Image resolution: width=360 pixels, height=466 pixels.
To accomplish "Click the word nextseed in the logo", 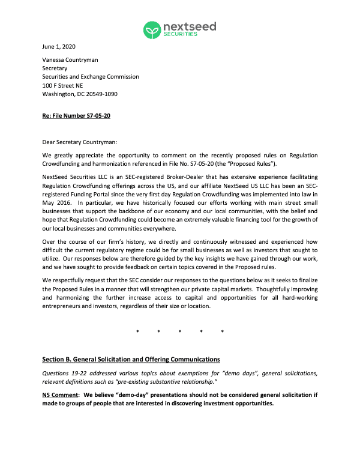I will pyautogui.click(x=190, y=26).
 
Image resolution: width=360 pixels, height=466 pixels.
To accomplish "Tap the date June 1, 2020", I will pyautogui.click(x=59, y=46).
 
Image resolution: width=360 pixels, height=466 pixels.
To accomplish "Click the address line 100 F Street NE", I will pyautogui.click(x=62, y=85).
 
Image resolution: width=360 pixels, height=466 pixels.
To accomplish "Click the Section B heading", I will pyautogui.click(x=131, y=359).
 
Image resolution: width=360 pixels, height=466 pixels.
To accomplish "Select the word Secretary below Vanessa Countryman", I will pyautogui.click(x=55, y=68).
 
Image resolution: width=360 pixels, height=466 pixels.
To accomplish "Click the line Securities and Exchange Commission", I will pyautogui.click(x=91, y=77).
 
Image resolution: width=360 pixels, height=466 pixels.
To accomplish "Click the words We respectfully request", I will pyautogui.click(x=76, y=280).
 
